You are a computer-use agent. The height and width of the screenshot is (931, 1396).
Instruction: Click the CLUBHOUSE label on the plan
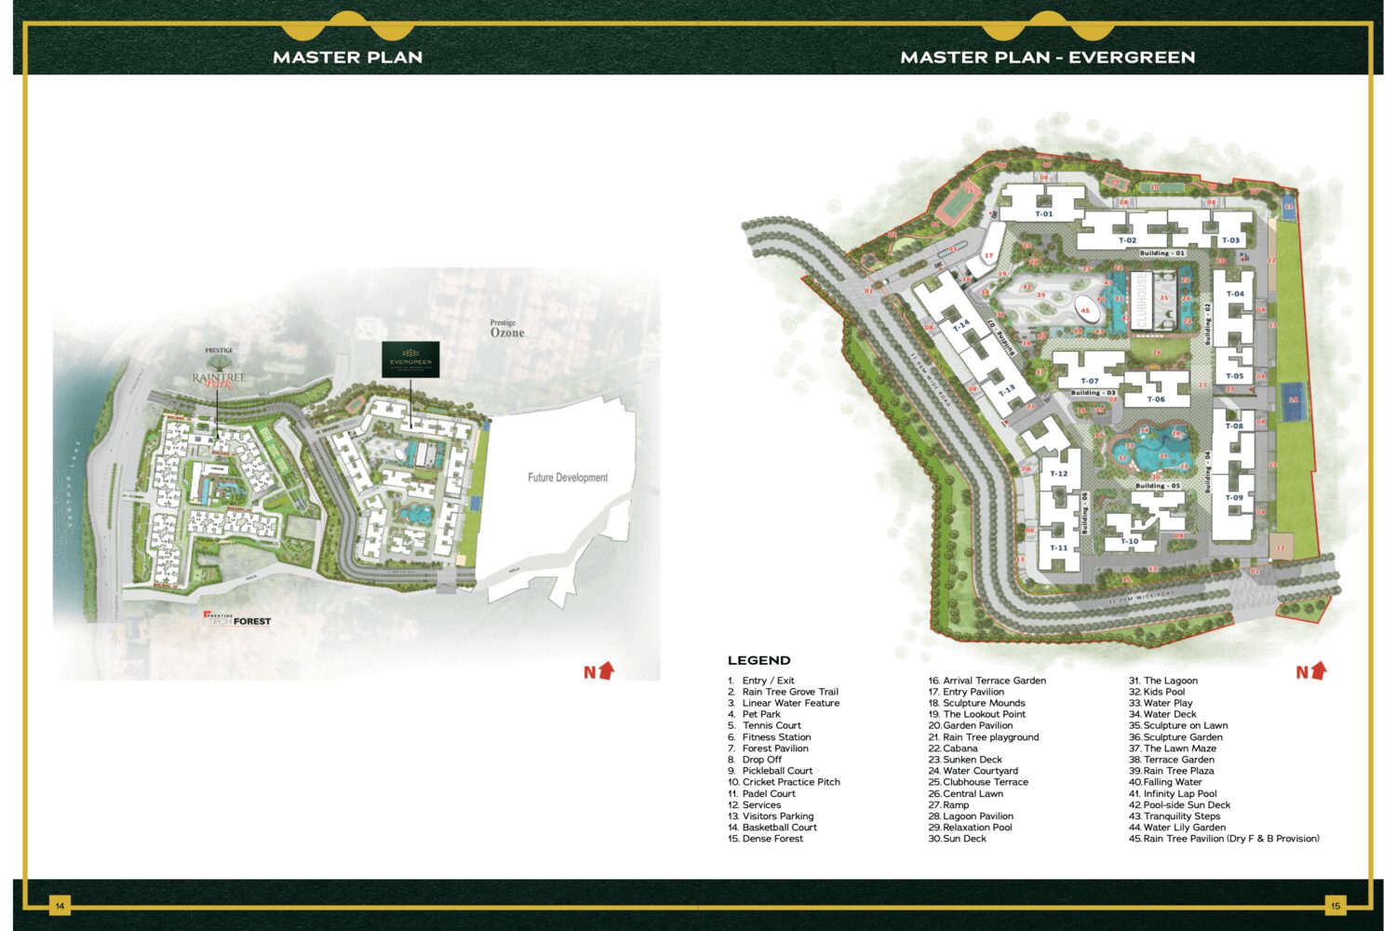(x=1141, y=299)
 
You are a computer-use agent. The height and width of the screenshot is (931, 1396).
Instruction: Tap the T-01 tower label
(x=1044, y=214)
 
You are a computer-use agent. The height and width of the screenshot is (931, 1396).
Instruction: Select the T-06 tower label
(x=1156, y=399)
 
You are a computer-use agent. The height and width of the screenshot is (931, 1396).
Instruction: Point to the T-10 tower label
(x=1129, y=541)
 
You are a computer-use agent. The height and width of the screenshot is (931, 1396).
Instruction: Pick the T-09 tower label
(x=1234, y=498)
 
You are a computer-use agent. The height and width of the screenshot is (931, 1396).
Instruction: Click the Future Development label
(x=568, y=478)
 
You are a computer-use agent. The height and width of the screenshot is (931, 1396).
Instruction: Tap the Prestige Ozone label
(x=506, y=330)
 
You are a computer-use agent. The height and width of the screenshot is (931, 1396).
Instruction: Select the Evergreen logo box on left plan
(x=410, y=359)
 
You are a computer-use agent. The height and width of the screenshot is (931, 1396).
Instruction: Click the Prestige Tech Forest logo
(x=238, y=619)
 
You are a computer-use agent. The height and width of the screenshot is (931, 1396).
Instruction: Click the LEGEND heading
(x=759, y=660)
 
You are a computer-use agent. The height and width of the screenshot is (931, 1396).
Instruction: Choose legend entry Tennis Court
(x=771, y=725)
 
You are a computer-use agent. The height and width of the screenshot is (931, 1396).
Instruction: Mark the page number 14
(x=60, y=905)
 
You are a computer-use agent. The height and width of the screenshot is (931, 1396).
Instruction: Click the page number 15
(x=1336, y=905)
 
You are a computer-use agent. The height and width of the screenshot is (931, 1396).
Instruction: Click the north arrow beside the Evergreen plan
(x=1311, y=670)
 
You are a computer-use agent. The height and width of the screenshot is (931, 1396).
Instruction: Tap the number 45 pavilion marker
(x=1085, y=310)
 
